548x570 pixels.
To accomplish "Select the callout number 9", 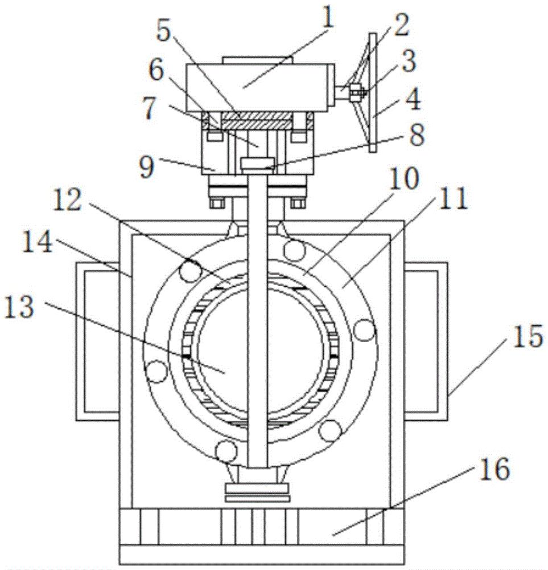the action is (x=147, y=168).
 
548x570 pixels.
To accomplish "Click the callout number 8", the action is (x=417, y=135).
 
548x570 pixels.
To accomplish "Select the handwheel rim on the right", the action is (x=373, y=93).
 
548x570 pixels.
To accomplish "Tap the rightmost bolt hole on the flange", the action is (x=364, y=329).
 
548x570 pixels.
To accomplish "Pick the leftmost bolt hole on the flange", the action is (x=156, y=371).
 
